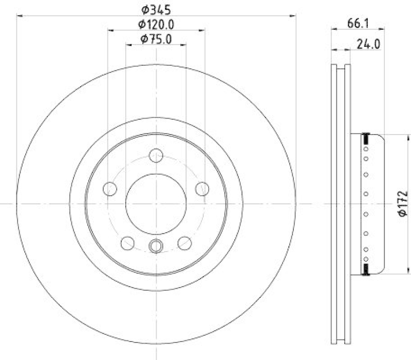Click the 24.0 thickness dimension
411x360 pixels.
click(x=368, y=44)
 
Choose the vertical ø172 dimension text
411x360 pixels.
click(x=402, y=204)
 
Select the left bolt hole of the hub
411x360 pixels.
click(x=110, y=189)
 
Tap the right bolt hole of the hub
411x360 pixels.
click(x=202, y=189)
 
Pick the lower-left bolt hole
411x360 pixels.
click(x=127, y=242)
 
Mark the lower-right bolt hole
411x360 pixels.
click(x=184, y=242)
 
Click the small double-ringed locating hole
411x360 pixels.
click(x=156, y=247)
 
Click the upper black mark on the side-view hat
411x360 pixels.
click(x=366, y=137)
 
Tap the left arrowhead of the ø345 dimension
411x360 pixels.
click(x=20, y=16)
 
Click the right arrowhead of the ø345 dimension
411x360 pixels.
click(x=294, y=16)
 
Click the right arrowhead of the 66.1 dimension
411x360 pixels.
click(x=383, y=30)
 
